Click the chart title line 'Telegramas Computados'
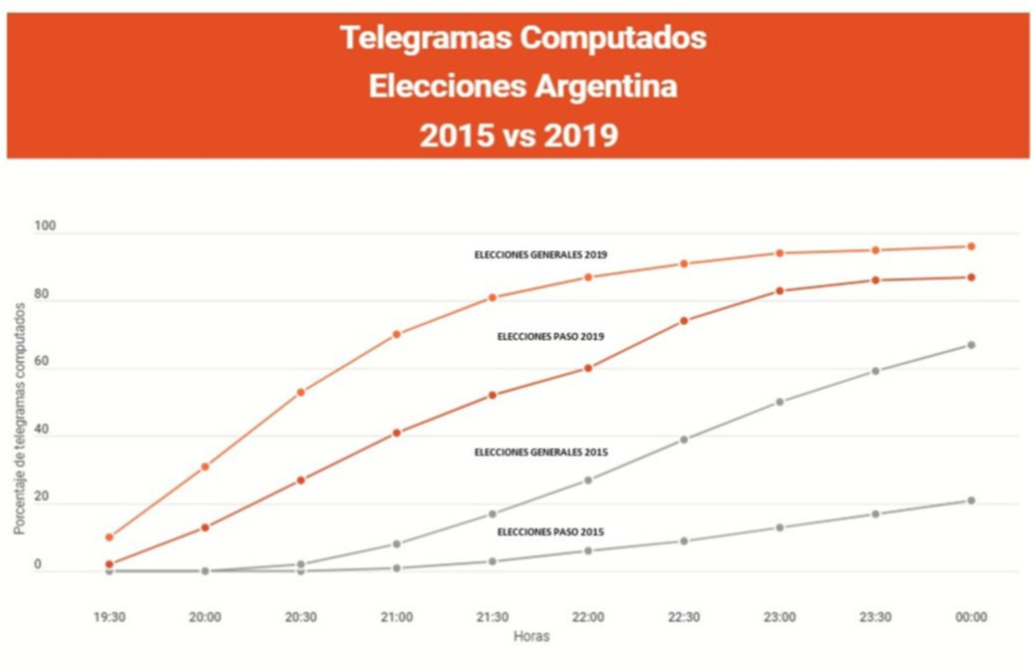522,38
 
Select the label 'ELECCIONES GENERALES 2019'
539,255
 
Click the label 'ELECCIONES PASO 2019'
550,337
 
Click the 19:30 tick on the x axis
109,618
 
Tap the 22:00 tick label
587,618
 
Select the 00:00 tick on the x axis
971,618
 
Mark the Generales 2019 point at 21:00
396,334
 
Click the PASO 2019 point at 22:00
588,368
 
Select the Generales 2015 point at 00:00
971,345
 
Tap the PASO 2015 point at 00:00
971,501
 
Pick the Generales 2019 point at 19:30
109,537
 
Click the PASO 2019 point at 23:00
780,291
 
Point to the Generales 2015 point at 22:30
684,439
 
